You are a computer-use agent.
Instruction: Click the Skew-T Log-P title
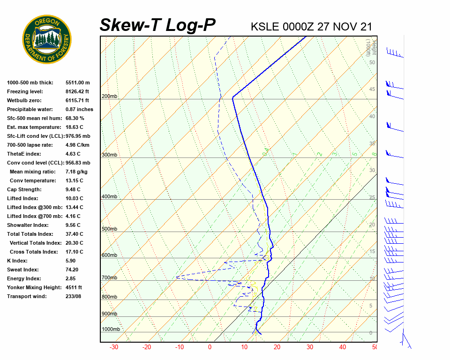coord(157,25)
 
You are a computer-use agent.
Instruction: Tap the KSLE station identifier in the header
coord(265,26)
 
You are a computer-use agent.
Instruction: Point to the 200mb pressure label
coord(110,97)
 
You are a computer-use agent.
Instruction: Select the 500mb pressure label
coord(110,229)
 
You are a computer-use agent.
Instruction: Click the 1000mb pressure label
coord(111,329)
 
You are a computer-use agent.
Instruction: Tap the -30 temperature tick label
coord(114,347)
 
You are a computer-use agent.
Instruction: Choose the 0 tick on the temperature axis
coord(210,347)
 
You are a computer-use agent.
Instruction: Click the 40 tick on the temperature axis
coord(343,347)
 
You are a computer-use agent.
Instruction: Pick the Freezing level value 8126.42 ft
coord(77,91)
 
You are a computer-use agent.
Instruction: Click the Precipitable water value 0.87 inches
coord(79,109)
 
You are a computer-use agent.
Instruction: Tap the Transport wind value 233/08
coord(74,296)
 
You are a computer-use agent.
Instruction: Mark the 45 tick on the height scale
coord(372,90)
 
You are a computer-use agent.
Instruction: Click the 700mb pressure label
coord(110,278)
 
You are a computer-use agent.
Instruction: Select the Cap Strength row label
coord(24,189)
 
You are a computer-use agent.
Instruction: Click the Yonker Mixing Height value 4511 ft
coord(74,287)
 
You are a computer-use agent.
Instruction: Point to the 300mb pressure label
coord(110,155)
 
